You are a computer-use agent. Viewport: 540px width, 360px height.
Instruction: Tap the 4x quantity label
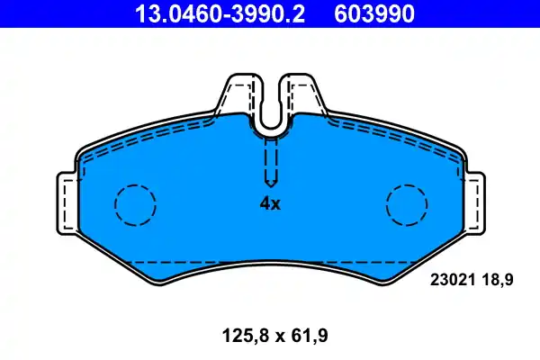pyautogui.click(x=270, y=204)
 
